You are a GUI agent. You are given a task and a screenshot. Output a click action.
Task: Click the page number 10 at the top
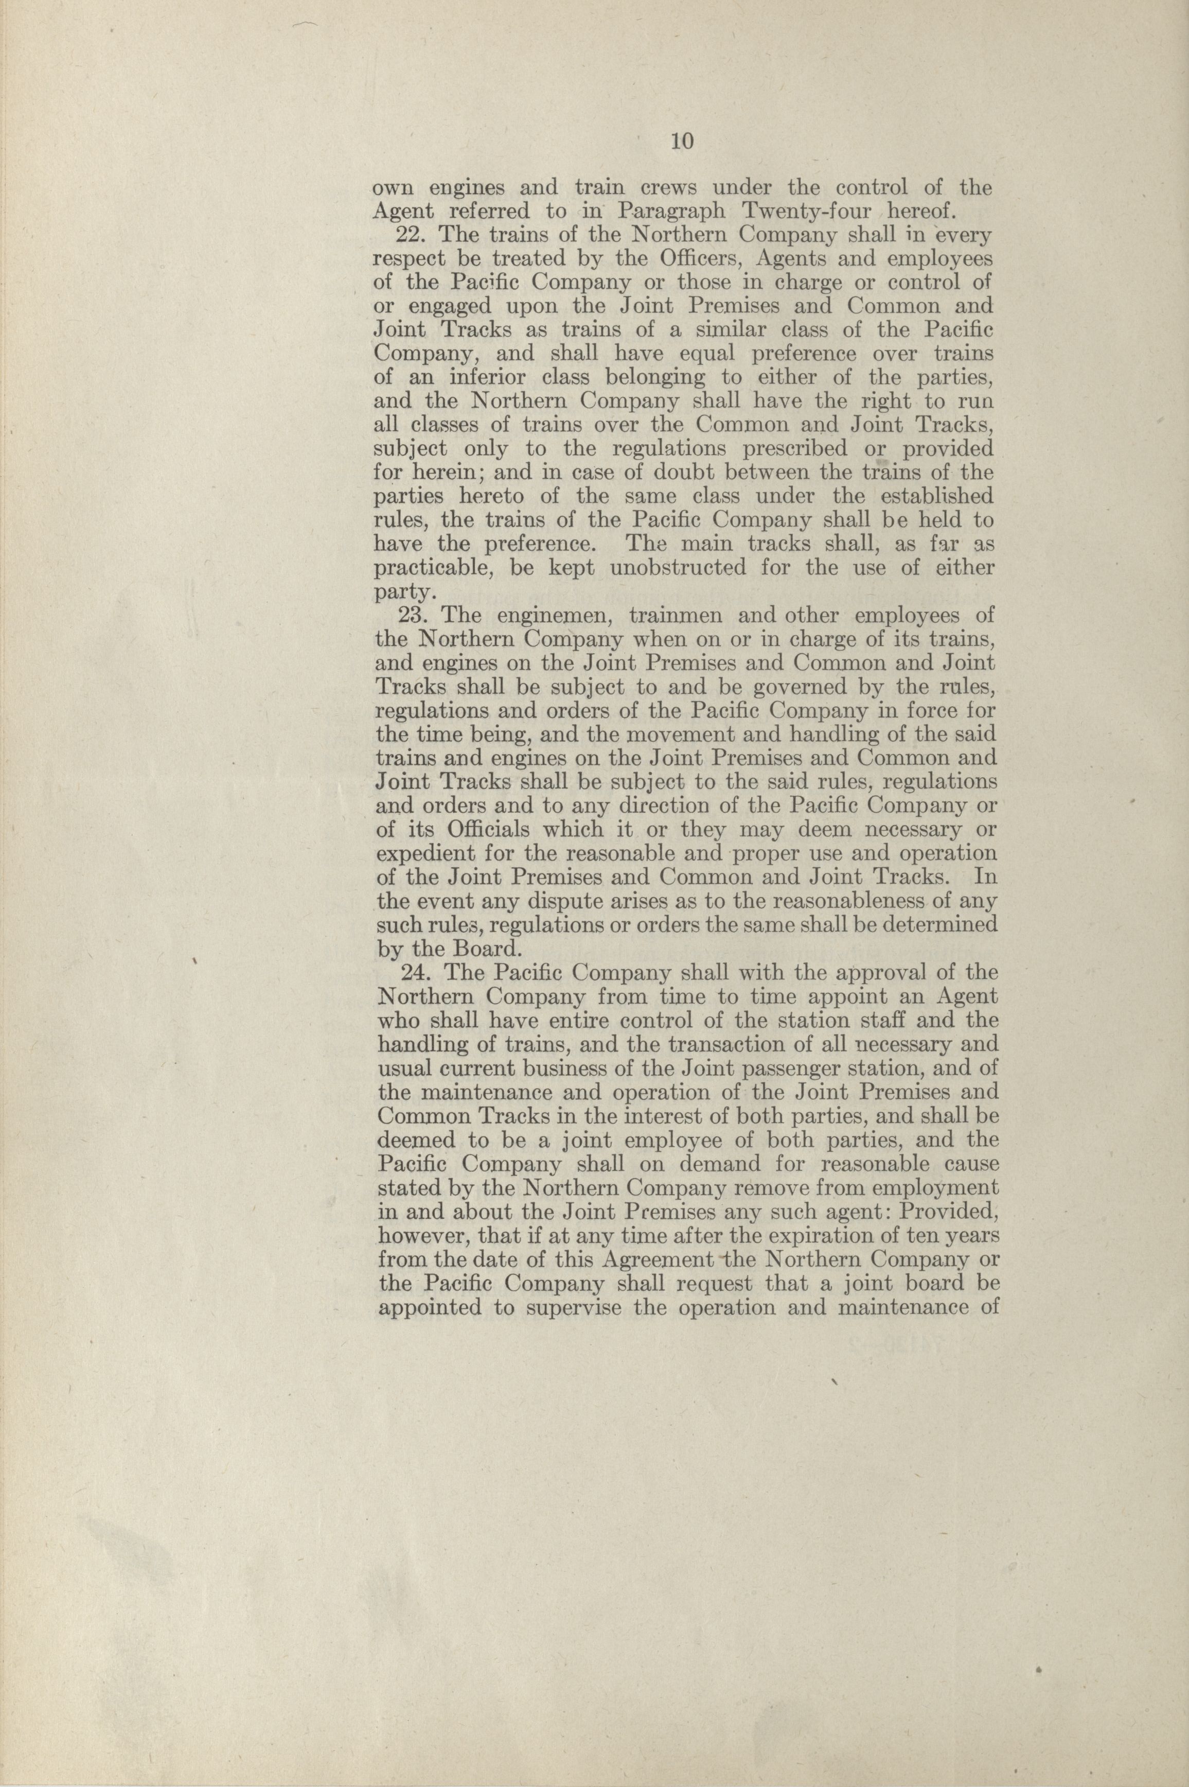681,142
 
